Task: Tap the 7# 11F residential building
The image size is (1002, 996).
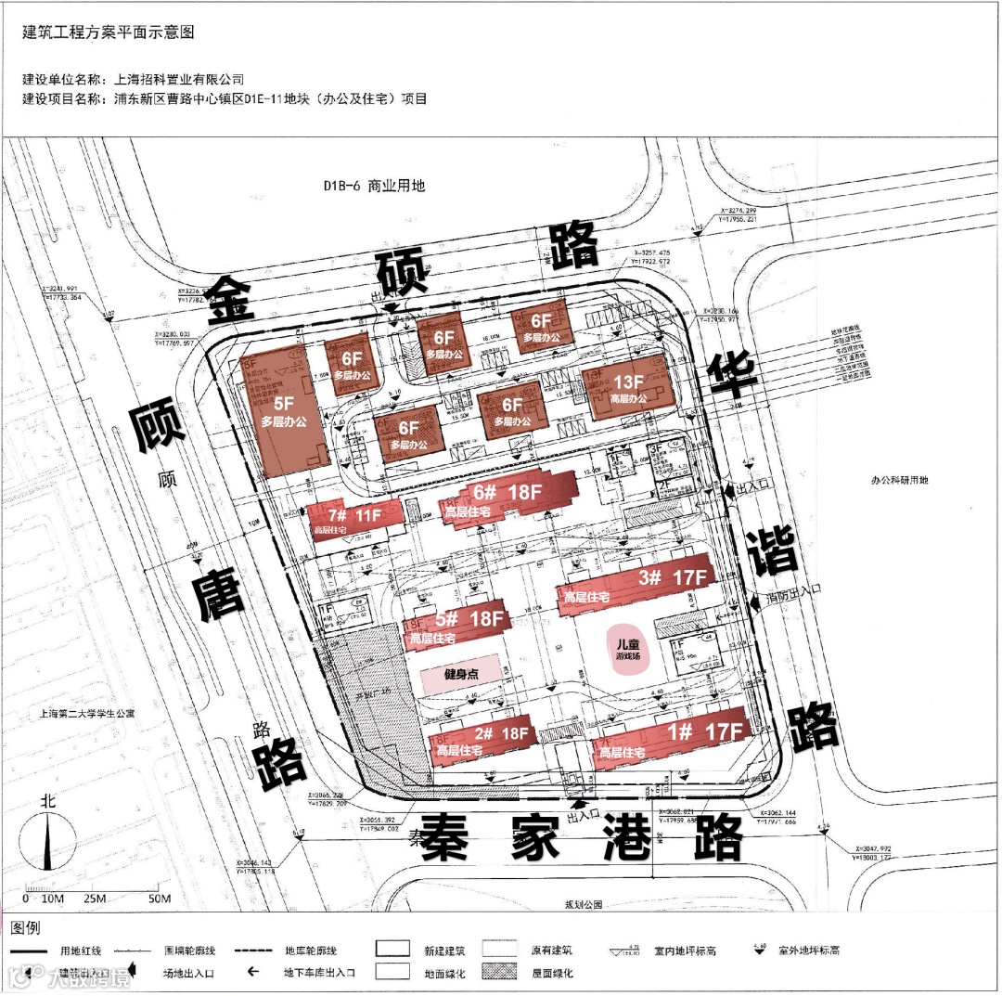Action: (x=355, y=519)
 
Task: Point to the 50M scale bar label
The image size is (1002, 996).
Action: (x=160, y=899)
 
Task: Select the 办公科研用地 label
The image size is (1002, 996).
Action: (x=899, y=480)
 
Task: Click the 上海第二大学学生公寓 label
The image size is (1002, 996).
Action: (x=87, y=715)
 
